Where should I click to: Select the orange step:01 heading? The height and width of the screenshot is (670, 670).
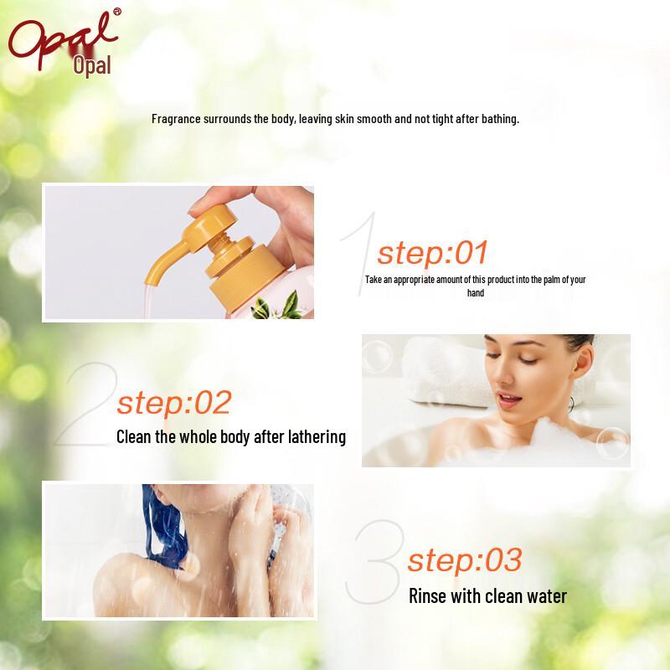coord(432,252)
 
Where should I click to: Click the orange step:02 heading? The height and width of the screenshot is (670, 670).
coord(173,403)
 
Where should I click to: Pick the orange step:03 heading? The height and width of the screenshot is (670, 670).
coord(464,559)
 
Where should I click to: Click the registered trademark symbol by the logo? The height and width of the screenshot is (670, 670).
coord(116,12)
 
